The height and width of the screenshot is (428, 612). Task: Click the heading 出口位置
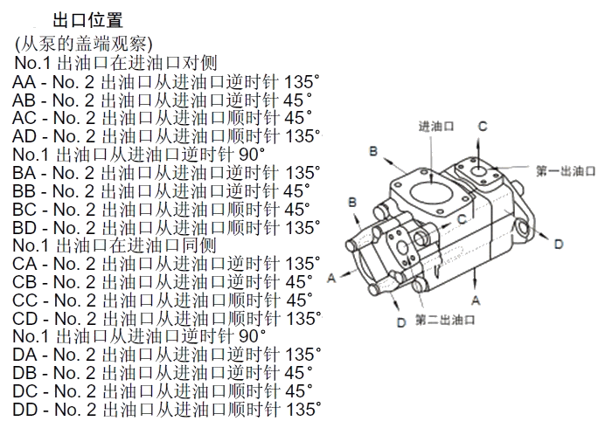point(88,19)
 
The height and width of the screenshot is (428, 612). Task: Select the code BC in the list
point(24,210)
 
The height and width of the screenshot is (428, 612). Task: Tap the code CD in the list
point(24,318)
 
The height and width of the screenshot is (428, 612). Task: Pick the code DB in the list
point(24,372)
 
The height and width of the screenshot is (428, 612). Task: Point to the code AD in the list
point(24,136)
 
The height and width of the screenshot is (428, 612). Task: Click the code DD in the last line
point(24,408)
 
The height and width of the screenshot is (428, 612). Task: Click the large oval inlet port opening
point(434,191)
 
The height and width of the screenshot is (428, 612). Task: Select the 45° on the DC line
point(298,390)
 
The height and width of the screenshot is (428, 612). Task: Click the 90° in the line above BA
point(252,155)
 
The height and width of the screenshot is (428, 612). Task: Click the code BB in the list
point(24,191)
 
